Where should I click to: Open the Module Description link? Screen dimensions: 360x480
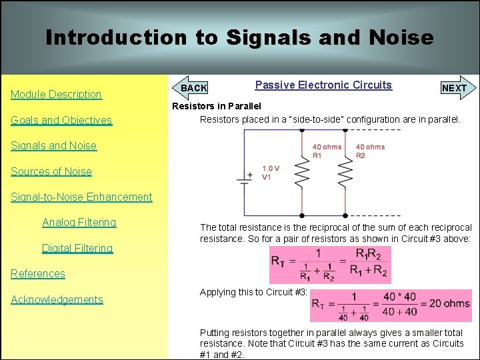click(x=56, y=95)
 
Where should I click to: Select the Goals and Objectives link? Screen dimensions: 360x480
click(x=61, y=121)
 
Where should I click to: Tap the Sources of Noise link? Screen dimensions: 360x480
click(x=51, y=171)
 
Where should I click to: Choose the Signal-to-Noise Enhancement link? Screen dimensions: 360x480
click(x=81, y=197)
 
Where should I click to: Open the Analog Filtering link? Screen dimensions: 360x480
click(x=79, y=223)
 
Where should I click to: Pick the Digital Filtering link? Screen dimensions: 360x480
click(x=77, y=249)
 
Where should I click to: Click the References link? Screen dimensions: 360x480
click(x=38, y=274)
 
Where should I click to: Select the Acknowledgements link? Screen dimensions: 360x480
click(x=57, y=300)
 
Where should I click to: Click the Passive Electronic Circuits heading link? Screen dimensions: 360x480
click(x=323, y=85)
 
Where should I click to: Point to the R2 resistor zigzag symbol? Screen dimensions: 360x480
click(x=345, y=175)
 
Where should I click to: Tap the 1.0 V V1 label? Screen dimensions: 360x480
click(x=271, y=173)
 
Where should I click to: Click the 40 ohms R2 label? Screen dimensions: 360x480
click(x=369, y=151)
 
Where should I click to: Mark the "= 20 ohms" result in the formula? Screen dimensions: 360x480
click(x=442, y=303)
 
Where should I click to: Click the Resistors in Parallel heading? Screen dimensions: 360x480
click(x=217, y=106)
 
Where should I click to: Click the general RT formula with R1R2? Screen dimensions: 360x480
click(x=329, y=265)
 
